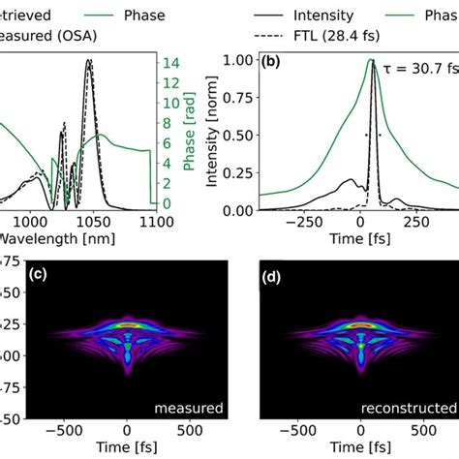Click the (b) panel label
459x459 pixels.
(274, 61)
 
